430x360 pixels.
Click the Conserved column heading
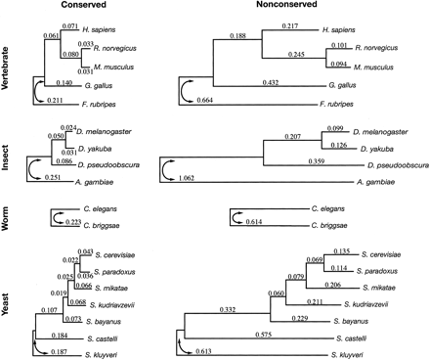[78, 8]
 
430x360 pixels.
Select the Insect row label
[9, 154]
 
